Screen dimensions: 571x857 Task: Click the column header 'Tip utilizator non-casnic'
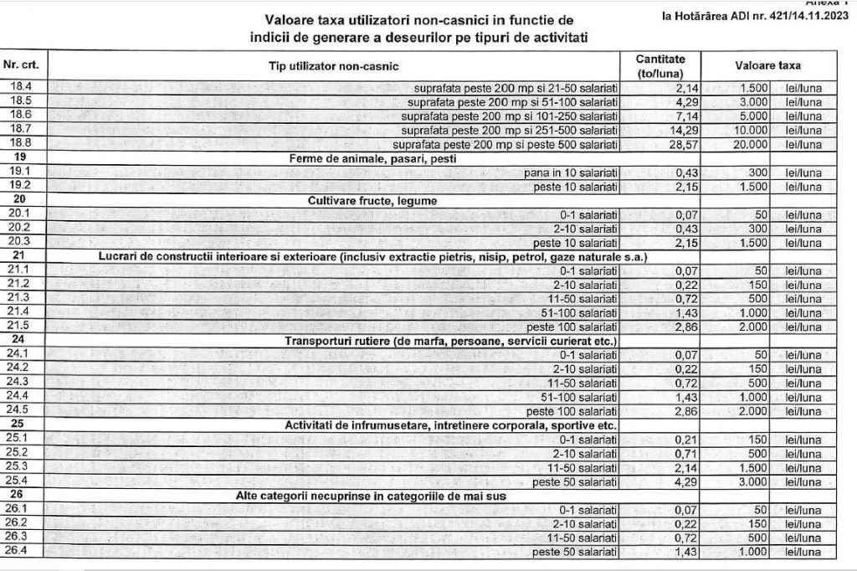(333, 65)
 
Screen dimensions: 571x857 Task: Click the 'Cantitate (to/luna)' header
(660, 65)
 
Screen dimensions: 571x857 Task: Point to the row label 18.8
(19, 143)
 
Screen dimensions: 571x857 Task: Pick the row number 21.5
(19, 327)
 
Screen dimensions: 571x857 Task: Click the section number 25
(19, 424)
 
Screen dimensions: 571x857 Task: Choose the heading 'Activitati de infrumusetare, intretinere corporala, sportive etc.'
(451, 424)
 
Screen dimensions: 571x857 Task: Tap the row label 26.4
(19, 551)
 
